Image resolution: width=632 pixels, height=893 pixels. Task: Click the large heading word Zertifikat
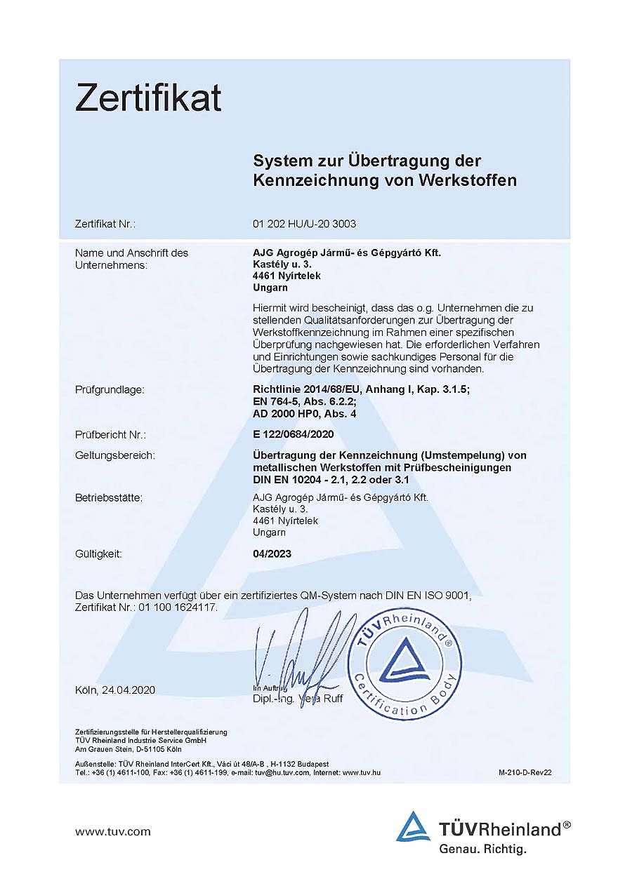point(148,98)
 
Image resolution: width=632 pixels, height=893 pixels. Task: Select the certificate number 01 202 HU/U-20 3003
point(304,224)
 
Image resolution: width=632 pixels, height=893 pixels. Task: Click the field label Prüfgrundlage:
point(110,389)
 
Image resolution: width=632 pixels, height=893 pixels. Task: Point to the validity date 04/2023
point(272,553)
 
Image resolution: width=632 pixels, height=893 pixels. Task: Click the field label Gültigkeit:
point(98,553)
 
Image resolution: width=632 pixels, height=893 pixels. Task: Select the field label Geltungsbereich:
point(115,455)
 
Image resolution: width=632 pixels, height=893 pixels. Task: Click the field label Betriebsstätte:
point(109,498)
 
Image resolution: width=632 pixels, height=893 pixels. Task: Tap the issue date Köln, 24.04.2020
point(115,690)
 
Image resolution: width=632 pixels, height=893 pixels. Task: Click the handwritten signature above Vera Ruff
point(302,652)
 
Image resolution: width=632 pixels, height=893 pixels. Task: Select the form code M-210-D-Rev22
point(525,772)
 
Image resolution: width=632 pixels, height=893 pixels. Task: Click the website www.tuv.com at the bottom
point(113,832)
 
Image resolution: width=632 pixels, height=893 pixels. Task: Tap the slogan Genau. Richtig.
point(482,849)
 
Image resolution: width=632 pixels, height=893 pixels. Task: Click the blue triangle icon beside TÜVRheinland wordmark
point(413,827)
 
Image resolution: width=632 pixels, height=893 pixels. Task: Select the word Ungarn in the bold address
point(270,288)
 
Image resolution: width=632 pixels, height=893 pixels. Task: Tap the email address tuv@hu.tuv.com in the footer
point(283,772)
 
